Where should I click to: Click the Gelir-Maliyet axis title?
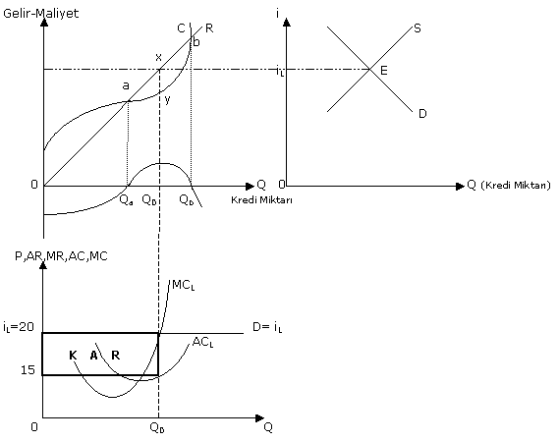[41, 13]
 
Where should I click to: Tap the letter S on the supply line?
[418, 28]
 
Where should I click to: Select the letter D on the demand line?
[422, 114]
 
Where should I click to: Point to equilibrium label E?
[383, 71]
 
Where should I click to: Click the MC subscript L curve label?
[184, 285]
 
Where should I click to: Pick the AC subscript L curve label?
[202, 343]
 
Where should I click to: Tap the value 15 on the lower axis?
[28, 370]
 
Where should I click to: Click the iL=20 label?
[19, 327]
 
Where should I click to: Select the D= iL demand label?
[267, 327]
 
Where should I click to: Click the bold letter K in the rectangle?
[73, 356]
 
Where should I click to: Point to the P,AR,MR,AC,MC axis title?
[61, 256]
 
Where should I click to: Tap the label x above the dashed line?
[158, 57]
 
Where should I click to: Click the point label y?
[168, 99]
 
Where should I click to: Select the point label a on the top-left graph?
[126, 85]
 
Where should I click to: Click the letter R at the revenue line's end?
[209, 28]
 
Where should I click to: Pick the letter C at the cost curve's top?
[181, 28]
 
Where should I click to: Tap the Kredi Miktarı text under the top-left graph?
[261, 200]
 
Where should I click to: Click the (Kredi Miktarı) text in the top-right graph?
[516, 185]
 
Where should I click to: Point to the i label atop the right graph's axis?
[277, 13]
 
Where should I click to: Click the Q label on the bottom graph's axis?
[268, 427]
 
